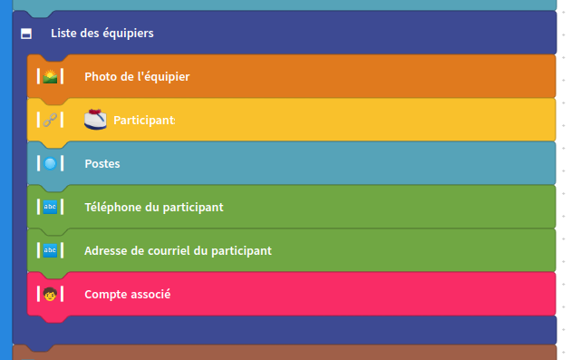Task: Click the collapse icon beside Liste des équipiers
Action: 26,34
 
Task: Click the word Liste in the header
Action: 63,34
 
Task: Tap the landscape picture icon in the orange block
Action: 51,76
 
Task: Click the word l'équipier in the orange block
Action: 163,77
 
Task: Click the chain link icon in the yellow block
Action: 51,120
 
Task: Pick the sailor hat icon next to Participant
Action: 95,119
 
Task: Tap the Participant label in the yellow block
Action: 143,121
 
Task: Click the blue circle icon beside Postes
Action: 51,163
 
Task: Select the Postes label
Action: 102,164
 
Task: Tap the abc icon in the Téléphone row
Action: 51,207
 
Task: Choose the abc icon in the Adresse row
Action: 51,250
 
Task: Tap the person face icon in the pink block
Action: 51,294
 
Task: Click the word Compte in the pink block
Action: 105,295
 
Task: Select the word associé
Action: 150,295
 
